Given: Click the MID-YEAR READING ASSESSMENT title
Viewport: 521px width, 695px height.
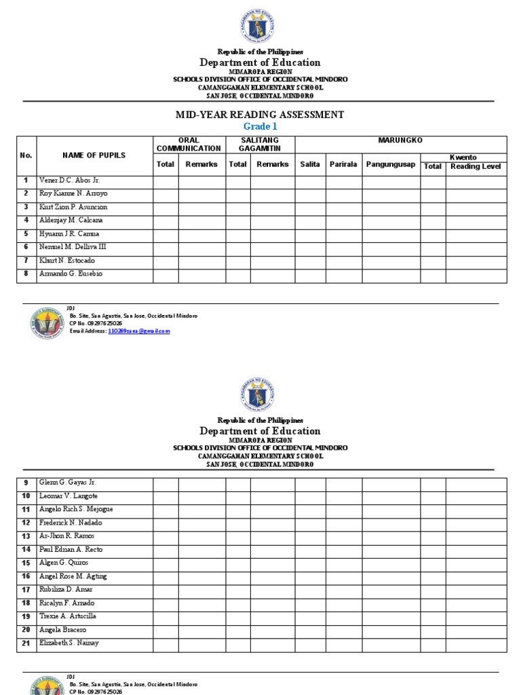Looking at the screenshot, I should click(x=260, y=115).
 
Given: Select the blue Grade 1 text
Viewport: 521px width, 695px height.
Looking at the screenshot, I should click(x=260, y=126).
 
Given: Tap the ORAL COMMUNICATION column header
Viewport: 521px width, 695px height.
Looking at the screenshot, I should click(x=189, y=144).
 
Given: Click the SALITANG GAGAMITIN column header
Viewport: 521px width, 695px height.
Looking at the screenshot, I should click(x=260, y=144).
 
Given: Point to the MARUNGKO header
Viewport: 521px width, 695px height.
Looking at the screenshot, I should click(x=400, y=140).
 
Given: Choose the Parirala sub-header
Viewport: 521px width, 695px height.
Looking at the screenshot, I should click(x=343, y=164).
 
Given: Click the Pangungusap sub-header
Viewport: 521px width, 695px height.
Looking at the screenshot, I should click(x=391, y=164).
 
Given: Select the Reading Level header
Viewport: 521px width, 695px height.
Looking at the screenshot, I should click(x=476, y=166).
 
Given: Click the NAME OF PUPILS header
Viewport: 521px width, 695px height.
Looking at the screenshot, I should click(x=94, y=155).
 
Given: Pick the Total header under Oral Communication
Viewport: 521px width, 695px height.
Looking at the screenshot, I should click(x=166, y=164).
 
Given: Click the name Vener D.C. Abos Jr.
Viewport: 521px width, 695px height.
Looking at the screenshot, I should click(x=69, y=181).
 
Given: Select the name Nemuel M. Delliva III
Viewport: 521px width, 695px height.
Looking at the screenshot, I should click(x=73, y=247).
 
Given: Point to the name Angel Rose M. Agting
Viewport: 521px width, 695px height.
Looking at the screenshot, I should click(x=73, y=576).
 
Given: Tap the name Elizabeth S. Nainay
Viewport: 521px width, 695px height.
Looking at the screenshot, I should click(x=69, y=643).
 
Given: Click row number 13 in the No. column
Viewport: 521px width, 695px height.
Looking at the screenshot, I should click(x=26, y=536).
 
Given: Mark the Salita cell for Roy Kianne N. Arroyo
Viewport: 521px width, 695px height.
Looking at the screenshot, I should click(x=310, y=194).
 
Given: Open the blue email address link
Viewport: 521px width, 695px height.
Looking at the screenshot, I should click(x=139, y=331).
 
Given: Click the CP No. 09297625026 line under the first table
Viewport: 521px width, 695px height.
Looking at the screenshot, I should click(x=96, y=324).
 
